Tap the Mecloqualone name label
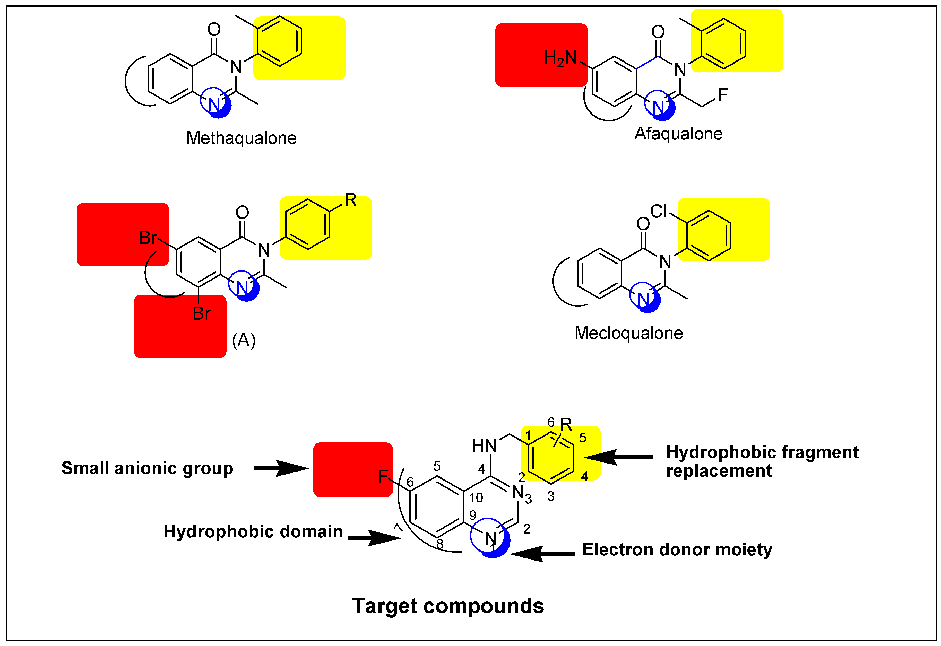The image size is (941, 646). click(628, 333)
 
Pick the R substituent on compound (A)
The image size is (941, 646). click(351, 200)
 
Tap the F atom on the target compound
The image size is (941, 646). click(383, 476)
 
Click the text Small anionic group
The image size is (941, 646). click(147, 468)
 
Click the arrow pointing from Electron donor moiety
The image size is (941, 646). click(542, 554)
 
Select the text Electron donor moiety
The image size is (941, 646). click(677, 550)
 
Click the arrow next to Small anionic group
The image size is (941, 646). click(281, 468)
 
